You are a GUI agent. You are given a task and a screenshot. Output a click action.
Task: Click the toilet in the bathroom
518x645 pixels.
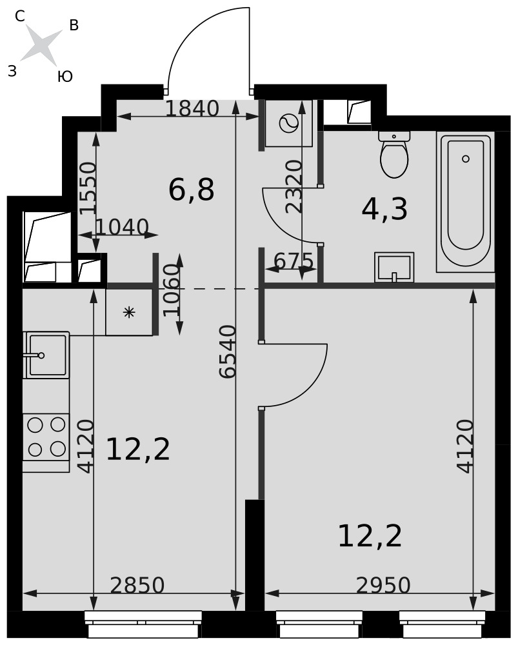[x=394, y=154]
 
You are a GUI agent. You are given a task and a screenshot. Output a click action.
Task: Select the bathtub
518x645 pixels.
[x=465, y=203]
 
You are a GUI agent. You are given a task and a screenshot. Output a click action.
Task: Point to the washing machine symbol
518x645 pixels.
[x=289, y=123]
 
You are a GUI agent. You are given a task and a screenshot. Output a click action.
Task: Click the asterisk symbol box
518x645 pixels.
[x=129, y=312]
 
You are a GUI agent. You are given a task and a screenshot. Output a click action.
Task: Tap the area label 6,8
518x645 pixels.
[x=192, y=190]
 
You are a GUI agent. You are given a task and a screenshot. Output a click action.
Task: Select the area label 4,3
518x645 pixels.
[x=384, y=209]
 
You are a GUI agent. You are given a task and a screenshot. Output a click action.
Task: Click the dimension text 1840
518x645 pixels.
[x=192, y=108]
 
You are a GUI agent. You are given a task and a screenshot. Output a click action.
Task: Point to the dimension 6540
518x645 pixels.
[x=228, y=352]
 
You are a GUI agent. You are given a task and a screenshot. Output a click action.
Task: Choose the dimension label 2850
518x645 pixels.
[x=137, y=585]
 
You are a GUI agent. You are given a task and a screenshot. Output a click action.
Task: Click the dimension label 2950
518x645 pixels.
[x=383, y=585]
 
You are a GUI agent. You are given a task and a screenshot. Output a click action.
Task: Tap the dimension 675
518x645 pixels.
[x=294, y=261]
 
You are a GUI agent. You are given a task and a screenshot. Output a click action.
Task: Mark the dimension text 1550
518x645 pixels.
[x=88, y=188]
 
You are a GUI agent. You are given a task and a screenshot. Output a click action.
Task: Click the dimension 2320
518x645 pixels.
[x=295, y=186]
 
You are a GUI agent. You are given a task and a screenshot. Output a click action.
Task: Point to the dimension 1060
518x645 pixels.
[x=172, y=290]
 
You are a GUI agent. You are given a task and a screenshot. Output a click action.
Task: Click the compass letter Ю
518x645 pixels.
[x=65, y=77]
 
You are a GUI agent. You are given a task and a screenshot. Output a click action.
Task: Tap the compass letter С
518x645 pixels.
[x=20, y=16]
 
